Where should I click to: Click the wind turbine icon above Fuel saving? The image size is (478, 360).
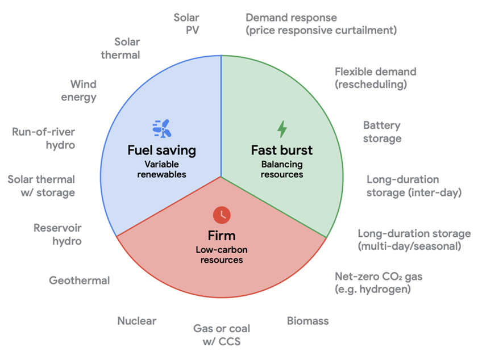click(161, 129)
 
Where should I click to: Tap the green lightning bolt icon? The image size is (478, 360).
click(282, 129)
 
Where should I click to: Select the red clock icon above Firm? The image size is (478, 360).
click(222, 215)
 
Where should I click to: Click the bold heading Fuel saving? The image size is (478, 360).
click(161, 150)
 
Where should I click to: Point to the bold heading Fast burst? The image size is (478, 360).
click(282, 150)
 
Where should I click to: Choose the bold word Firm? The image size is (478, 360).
click(222, 235)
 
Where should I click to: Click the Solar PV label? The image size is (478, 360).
click(186, 24)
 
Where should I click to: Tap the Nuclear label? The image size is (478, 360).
click(136, 321)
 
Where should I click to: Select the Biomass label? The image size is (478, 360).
click(307, 321)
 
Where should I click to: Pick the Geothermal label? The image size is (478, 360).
click(79, 280)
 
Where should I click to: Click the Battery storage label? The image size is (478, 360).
click(382, 132)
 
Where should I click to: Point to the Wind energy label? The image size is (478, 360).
click(83, 90)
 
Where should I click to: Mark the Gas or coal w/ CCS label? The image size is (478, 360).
click(222, 334)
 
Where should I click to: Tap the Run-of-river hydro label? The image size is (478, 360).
click(44, 139)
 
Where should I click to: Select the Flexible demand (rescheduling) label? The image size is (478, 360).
click(375, 78)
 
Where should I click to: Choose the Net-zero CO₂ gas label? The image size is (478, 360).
click(378, 283)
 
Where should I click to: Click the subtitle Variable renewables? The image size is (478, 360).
click(161, 169)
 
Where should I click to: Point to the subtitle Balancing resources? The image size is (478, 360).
click(282, 169)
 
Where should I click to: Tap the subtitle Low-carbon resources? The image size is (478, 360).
click(222, 254)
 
